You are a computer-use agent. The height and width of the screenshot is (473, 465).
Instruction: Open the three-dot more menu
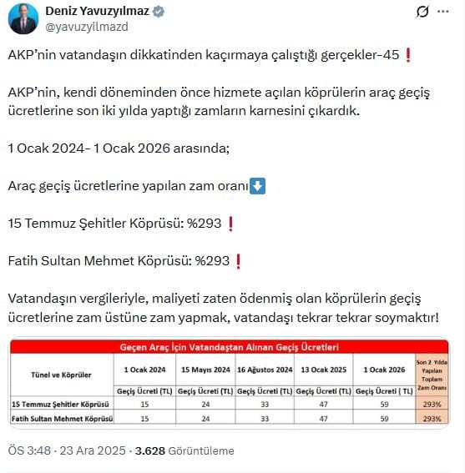point(448,13)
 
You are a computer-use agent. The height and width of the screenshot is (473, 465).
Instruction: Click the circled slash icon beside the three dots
point(422,13)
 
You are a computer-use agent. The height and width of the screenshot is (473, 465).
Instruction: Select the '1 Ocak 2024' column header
point(143,369)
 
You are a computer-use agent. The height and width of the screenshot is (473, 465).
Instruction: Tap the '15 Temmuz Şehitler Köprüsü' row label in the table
point(63,405)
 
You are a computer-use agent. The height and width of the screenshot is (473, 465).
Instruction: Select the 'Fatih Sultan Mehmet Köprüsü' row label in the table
point(63,417)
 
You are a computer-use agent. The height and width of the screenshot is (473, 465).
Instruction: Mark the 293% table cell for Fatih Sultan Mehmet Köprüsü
point(432,417)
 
